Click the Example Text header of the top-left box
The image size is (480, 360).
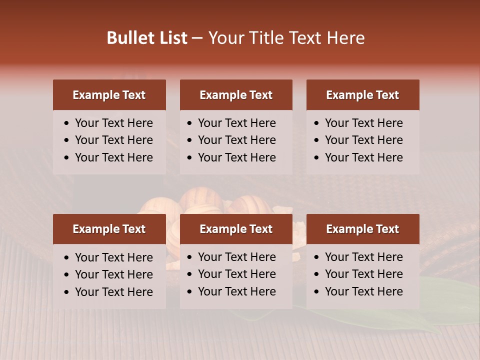(x=109, y=95)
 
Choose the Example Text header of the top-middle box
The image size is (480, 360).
(x=236, y=95)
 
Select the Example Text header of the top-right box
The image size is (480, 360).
(x=362, y=95)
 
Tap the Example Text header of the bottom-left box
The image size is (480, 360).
(x=109, y=229)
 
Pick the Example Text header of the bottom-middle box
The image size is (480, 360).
(x=236, y=229)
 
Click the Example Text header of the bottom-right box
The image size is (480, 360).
(x=362, y=229)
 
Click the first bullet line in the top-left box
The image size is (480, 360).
(x=113, y=123)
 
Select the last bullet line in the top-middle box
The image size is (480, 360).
(x=236, y=157)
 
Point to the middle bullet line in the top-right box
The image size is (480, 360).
(x=363, y=140)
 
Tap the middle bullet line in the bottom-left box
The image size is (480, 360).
(x=113, y=274)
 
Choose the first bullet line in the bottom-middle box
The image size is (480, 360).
(x=236, y=257)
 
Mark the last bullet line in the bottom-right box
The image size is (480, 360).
(x=363, y=291)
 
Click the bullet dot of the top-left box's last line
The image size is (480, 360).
(x=67, y=158)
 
